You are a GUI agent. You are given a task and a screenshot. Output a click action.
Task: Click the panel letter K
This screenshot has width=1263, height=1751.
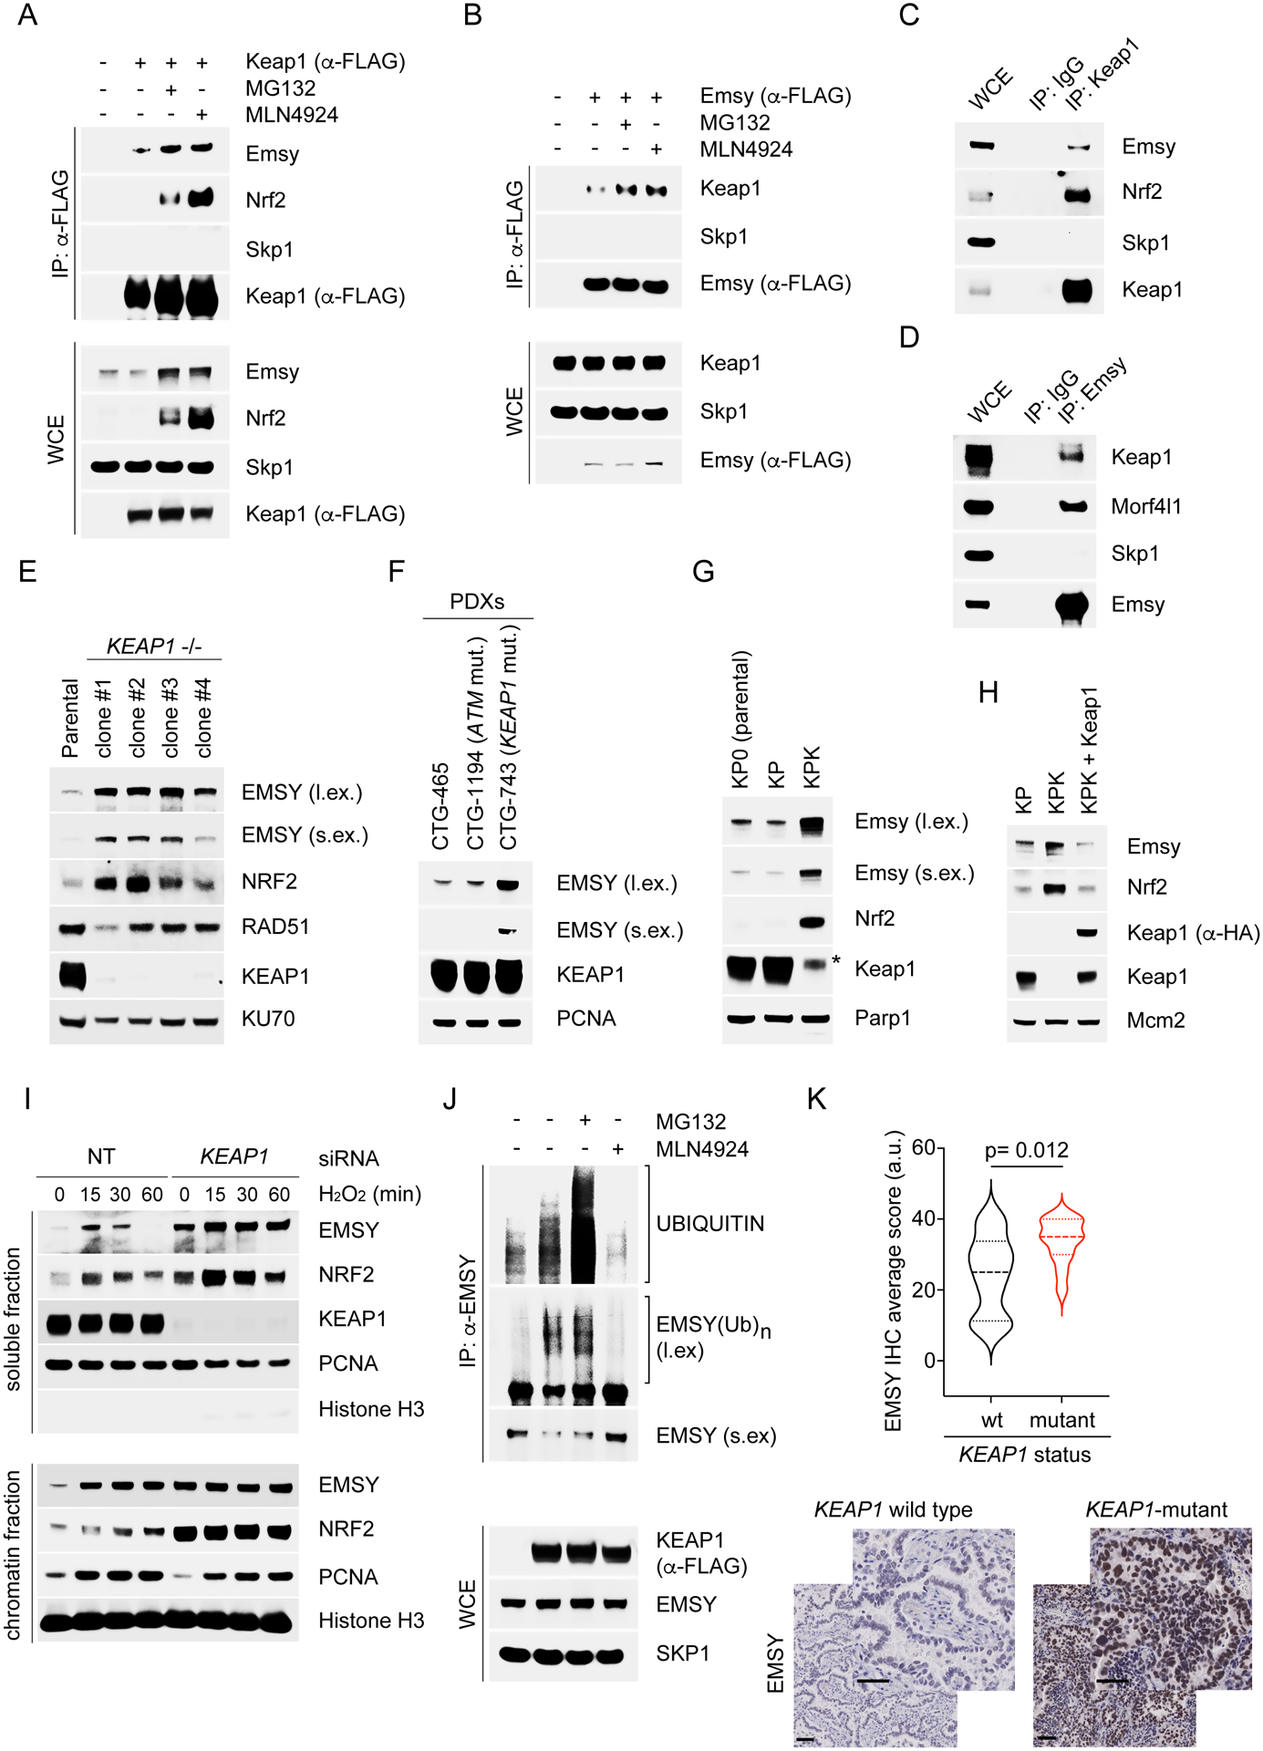816,1100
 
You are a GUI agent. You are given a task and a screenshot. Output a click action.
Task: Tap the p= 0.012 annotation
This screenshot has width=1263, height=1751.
1026,1151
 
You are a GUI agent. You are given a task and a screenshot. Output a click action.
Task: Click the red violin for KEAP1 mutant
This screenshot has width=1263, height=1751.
1061,1249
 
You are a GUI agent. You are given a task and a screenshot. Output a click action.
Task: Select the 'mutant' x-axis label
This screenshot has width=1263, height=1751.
1061,1420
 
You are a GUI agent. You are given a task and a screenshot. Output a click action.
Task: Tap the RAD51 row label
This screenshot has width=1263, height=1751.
275,927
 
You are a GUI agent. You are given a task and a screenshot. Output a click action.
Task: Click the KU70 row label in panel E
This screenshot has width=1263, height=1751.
268,1019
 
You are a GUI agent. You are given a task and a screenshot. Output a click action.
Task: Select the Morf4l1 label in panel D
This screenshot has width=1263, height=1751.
1145,506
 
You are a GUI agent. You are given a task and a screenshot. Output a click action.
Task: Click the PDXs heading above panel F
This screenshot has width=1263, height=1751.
477,602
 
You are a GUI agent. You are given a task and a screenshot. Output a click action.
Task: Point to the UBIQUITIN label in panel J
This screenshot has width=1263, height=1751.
709,1224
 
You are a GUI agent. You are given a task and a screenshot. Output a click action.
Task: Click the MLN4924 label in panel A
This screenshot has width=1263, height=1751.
291,115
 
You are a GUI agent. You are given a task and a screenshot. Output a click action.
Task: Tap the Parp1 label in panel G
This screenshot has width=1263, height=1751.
882,1018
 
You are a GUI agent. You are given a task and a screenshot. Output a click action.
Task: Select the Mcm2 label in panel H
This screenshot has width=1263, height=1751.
1155,1021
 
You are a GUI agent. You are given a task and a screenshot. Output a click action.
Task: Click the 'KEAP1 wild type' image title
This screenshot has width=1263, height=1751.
893,1510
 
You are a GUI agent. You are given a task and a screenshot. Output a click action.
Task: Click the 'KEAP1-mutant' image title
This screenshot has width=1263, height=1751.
1155,1510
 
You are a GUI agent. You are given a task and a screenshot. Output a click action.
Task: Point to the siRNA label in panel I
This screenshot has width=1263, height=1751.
347,1158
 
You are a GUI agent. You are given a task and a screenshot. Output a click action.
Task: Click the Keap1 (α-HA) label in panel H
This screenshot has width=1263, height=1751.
1193,933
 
